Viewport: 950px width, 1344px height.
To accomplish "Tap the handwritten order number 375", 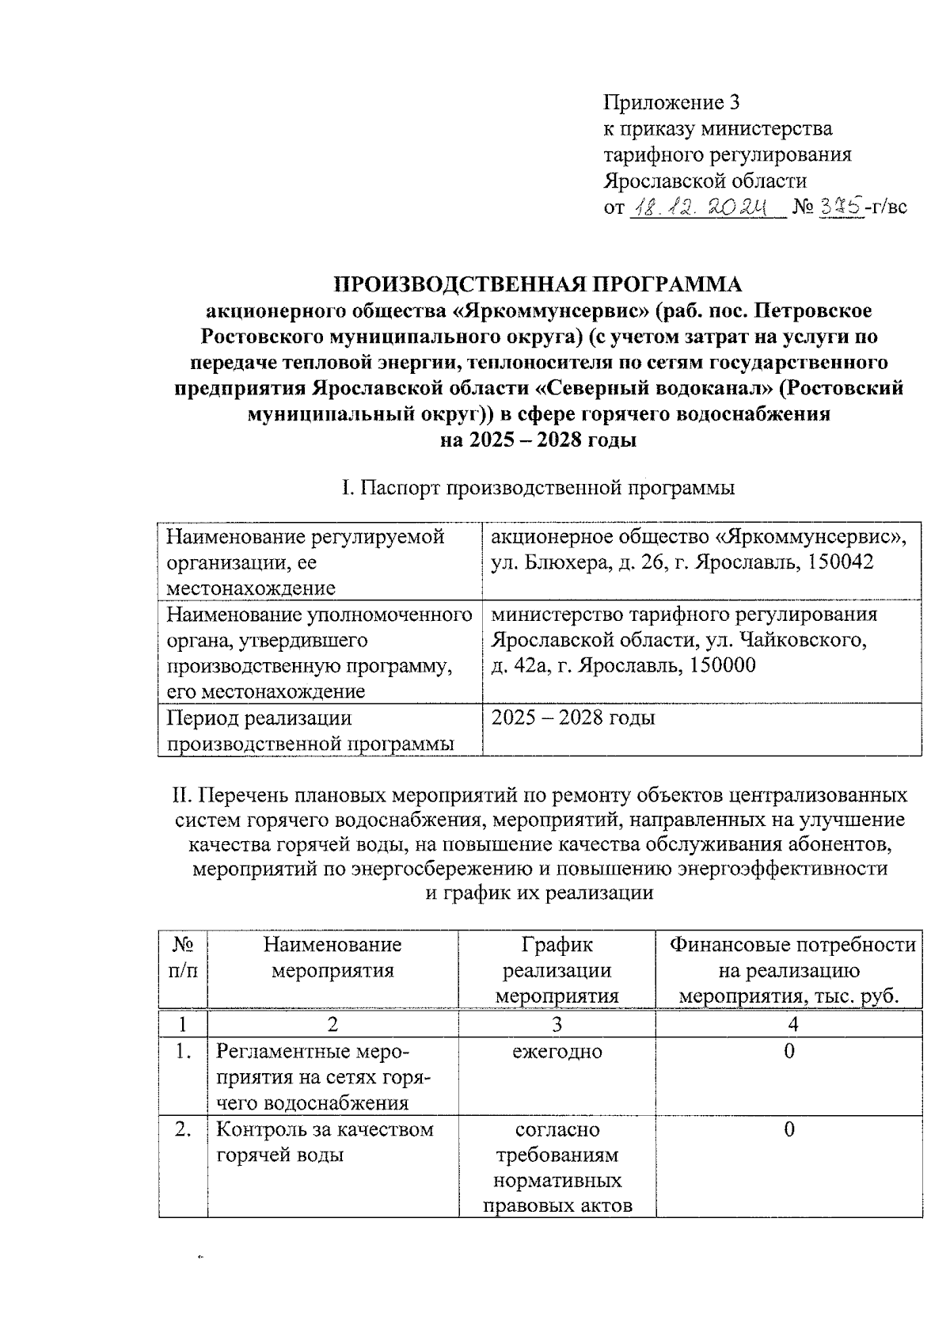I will click(841, 208).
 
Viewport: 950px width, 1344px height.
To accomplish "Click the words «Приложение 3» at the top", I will click(671, 102).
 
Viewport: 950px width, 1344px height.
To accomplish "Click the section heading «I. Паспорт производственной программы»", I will click(538, 488).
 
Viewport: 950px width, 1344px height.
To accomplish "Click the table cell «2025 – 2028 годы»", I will click(573, 718).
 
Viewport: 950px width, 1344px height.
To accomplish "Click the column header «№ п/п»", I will click(183, 958).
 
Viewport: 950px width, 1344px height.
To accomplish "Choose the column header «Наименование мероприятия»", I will click(332, 958).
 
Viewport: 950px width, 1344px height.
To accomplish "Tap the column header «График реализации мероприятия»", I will click(557, 970).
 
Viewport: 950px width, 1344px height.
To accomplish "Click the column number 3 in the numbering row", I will click(557, 1024).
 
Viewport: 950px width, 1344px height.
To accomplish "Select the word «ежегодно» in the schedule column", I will click(557, 1052).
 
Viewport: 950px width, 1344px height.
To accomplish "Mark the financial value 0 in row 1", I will click(789, 1052).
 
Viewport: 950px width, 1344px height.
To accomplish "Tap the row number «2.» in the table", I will click(183, 1129).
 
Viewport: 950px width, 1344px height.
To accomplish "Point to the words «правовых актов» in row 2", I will click(557, 1206).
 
